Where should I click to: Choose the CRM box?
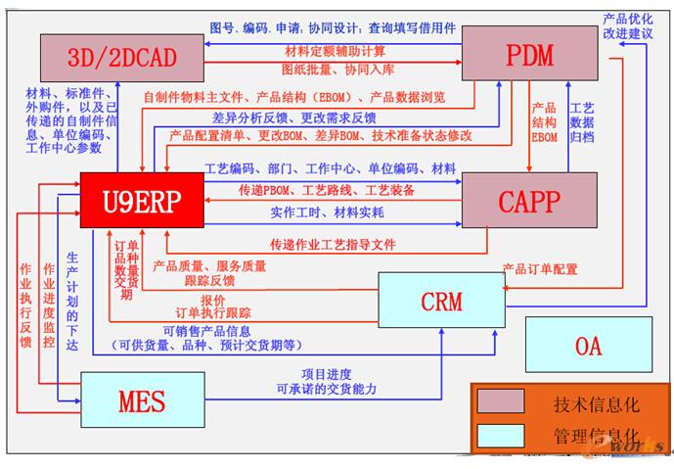441,301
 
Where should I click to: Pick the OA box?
588,345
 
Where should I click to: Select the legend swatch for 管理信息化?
501,435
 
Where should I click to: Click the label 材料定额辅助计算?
334,51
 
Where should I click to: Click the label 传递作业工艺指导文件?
333,244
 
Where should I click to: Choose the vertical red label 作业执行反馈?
25,305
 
